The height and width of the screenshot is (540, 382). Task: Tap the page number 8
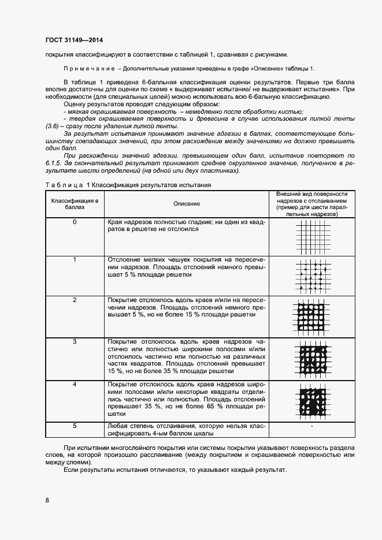[47, 500]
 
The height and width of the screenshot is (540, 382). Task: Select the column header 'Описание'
[186, 203]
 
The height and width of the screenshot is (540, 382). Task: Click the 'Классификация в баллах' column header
[75, 203]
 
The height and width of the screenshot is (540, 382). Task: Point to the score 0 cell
[75, 222]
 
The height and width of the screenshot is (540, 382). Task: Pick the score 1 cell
[75, 259]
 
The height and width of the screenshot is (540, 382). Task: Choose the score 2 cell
[75, 300]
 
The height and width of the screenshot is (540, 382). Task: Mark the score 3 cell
[75, 341]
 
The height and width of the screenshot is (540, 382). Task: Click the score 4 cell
[75, 383]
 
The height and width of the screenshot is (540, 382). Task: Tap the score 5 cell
[75, 426]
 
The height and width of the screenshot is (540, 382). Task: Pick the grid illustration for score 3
[312, 359]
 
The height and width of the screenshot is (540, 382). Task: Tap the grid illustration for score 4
[312, 400]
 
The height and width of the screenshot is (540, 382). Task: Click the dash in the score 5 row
[312, 426]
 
